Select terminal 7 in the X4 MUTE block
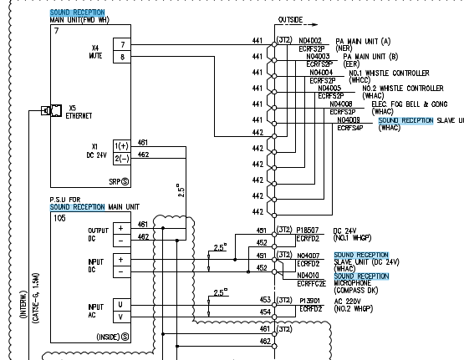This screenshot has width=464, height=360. (x=123, y=43)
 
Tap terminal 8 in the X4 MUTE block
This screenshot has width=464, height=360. (x=123, y=58)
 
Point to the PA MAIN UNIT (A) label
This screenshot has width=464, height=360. (x=362, y=40)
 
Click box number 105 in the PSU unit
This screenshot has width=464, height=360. (x=59, y=217)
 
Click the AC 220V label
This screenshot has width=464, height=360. (x=351, y=302)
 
